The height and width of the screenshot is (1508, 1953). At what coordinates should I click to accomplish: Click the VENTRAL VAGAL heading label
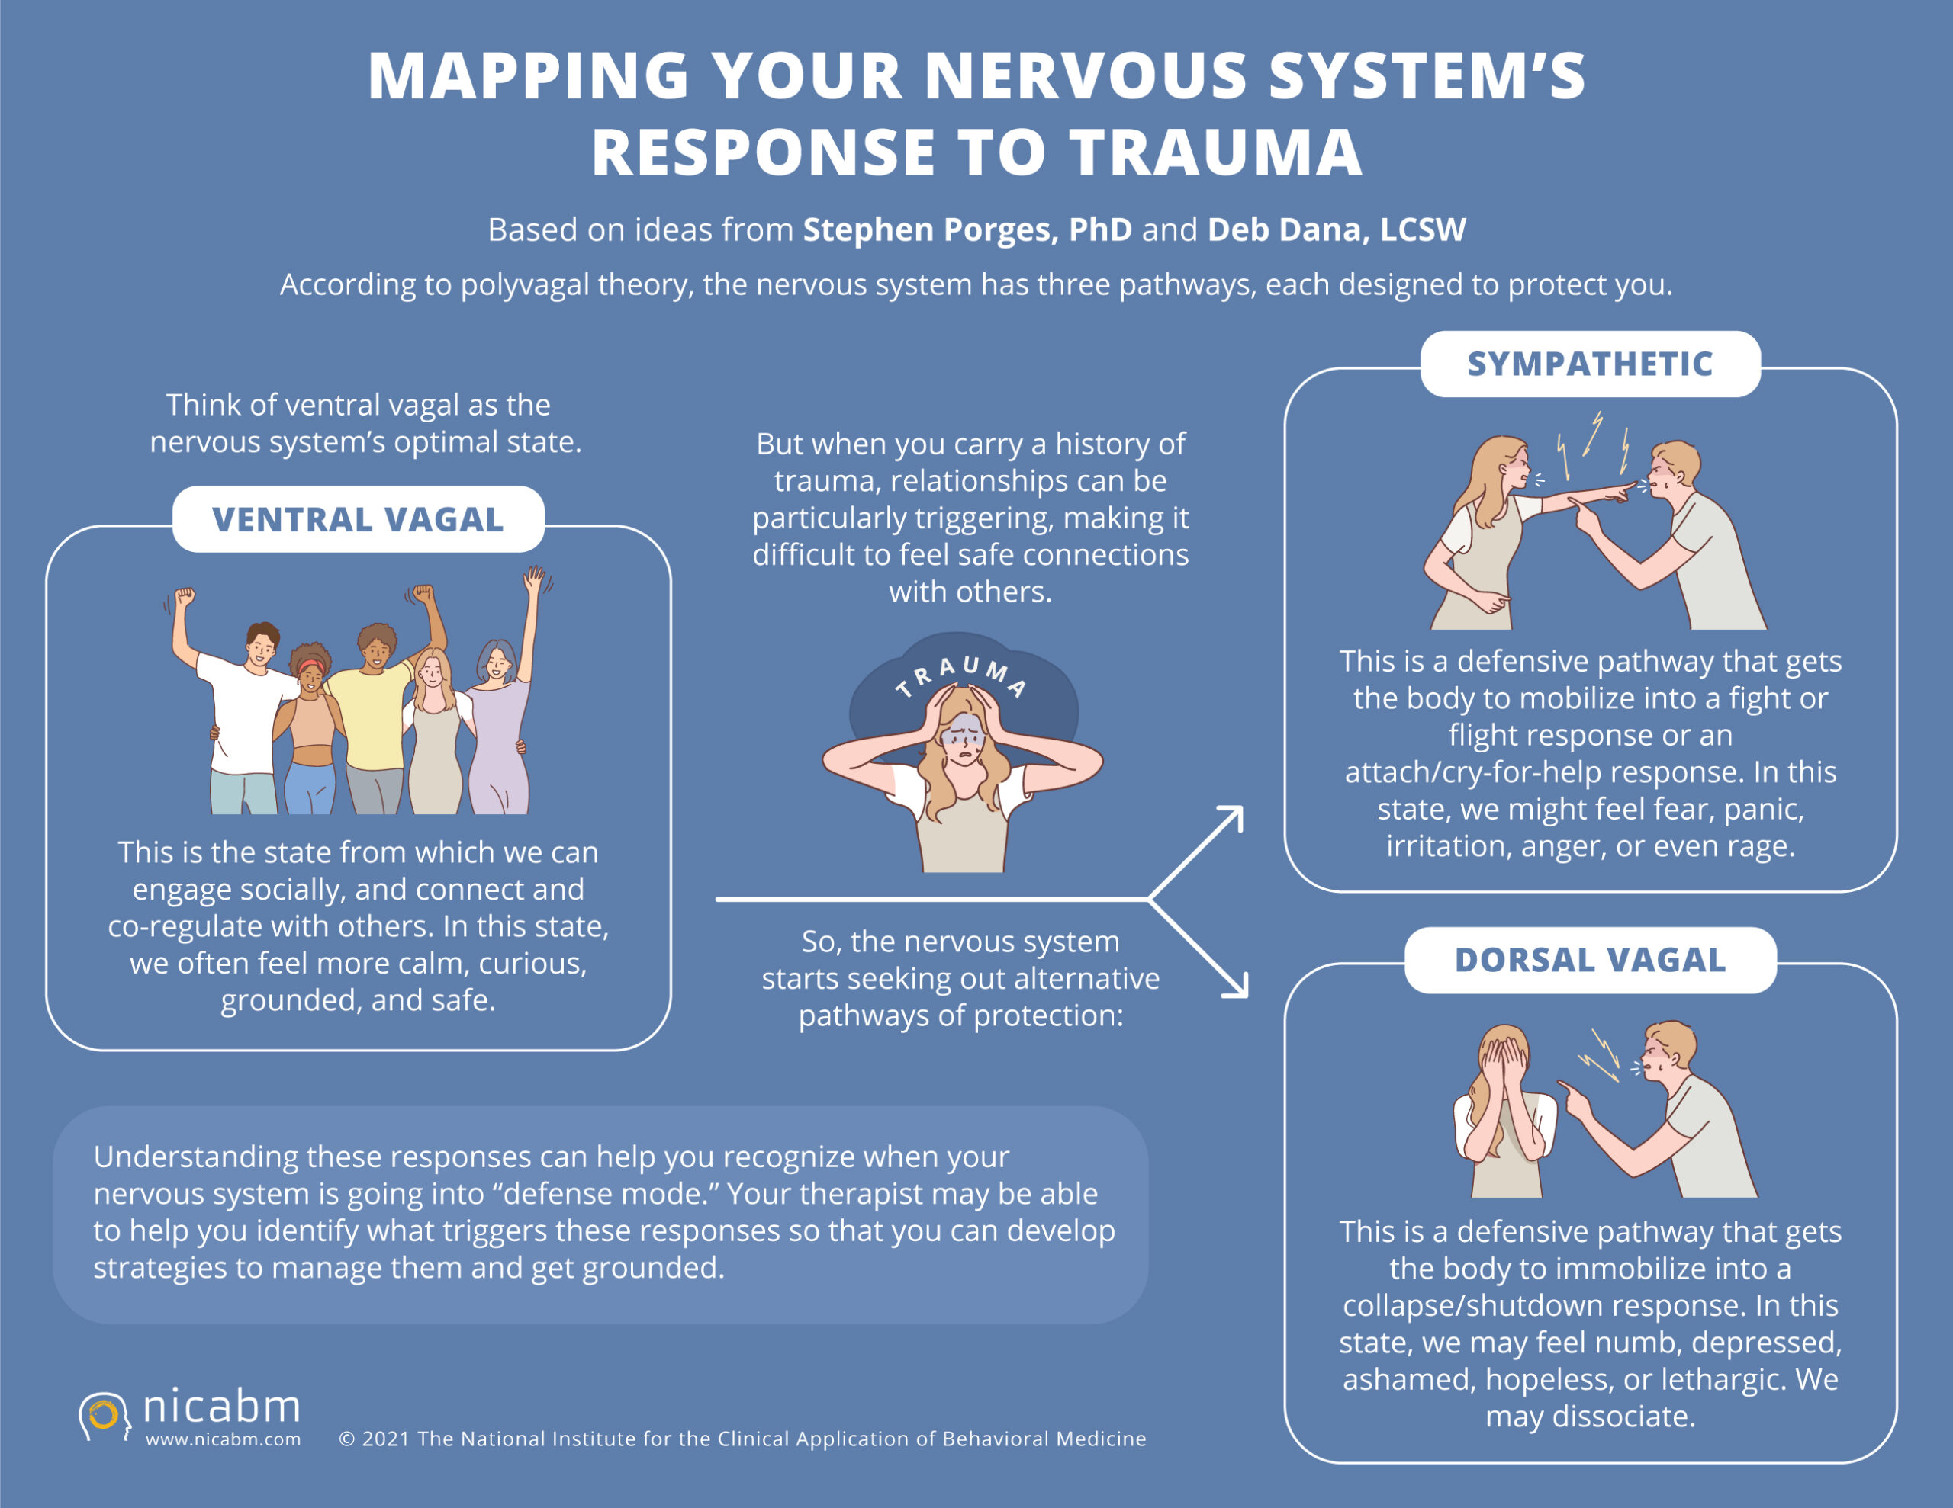[358, 519]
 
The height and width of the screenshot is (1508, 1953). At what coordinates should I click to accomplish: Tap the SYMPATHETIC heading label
[1590, 364]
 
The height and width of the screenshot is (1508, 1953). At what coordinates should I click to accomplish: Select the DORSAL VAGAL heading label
[1590, 960]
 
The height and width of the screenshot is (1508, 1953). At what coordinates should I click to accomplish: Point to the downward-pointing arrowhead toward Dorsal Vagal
[1237, 987]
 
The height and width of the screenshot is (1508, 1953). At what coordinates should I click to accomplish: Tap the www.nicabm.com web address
[223, 1439]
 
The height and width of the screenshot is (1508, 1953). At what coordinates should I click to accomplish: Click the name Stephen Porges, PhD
[967, 229]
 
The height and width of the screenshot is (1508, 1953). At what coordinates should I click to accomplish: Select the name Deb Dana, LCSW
[1336, 229]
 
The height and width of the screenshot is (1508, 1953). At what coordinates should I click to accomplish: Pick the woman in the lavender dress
[497, 724]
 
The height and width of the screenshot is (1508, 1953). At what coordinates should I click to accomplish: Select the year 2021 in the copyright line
[386, 1439]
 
